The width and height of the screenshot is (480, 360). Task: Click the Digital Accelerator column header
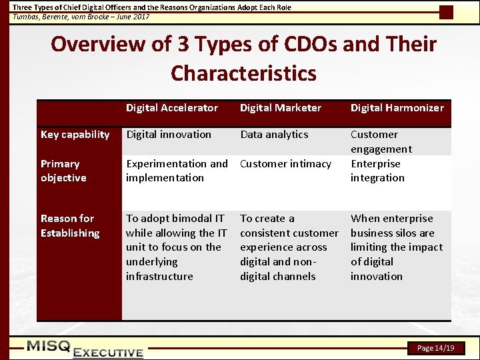click(172, 108)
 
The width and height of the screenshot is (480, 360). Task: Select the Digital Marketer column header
click(281, 108)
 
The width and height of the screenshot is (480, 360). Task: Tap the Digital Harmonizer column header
click(397, 108)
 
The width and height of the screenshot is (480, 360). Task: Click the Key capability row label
click(75, 135)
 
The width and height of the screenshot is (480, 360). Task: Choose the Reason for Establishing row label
click(70, 225)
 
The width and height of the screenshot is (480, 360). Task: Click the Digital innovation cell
click(169, 135)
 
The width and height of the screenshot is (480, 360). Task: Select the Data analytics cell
click(274, 135)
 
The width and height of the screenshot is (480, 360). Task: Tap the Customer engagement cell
click(381, 141)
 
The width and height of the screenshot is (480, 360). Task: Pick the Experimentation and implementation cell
click(177, 171)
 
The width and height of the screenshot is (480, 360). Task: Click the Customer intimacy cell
click(285, 164)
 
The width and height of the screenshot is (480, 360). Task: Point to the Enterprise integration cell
click(377, 171)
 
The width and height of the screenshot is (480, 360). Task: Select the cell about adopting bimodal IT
click(177, 247)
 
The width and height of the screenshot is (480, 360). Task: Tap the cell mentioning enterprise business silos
click(397, 247)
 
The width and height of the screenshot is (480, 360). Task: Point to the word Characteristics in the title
click(243, 73)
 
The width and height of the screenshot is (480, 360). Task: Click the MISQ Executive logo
click(85, 348)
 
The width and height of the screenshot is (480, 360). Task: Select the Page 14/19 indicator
click(435, 348)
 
